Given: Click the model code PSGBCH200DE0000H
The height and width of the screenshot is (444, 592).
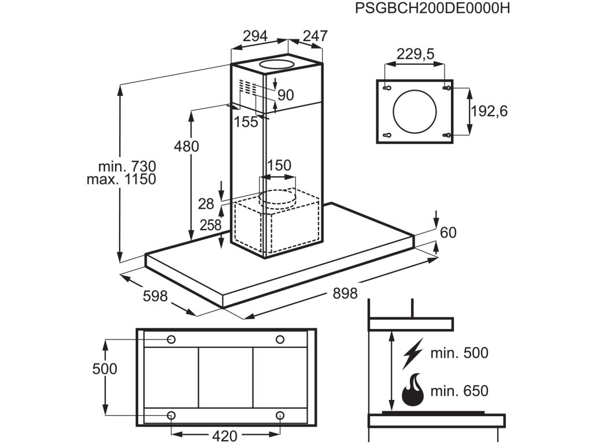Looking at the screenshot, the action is pos(432,8).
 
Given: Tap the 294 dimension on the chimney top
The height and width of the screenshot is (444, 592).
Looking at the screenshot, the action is pos(255,36).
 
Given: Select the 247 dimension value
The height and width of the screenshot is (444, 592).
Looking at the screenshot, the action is pos(315,36).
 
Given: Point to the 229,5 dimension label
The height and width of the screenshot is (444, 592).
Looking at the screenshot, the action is pos(415,54).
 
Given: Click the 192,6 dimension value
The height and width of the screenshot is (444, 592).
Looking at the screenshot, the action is pos(489,111).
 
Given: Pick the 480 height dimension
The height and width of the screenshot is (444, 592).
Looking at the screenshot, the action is pos(186,146).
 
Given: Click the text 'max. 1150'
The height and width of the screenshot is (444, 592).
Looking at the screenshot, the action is pos(121,179).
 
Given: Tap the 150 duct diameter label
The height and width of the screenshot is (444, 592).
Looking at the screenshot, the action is pos(279,165).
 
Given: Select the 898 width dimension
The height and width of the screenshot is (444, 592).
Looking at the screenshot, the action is pos(345,293).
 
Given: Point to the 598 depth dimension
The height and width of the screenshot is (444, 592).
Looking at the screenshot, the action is pos(155,297).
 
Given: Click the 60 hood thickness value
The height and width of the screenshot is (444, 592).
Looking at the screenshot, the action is pos(448,232).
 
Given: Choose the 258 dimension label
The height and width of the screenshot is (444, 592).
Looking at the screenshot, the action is pos(210,225).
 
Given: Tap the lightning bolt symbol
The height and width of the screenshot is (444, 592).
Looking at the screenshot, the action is pos(413,353).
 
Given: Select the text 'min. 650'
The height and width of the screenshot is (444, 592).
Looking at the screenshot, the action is pos(460,391).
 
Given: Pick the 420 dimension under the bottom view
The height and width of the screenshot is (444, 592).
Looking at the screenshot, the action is pos(225,436).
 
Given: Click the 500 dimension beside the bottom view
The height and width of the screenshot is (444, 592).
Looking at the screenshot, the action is pos(105,369).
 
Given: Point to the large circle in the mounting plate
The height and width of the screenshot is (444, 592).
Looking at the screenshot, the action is pos(415,112).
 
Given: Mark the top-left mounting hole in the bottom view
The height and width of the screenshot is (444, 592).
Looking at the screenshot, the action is pos(171,340).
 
